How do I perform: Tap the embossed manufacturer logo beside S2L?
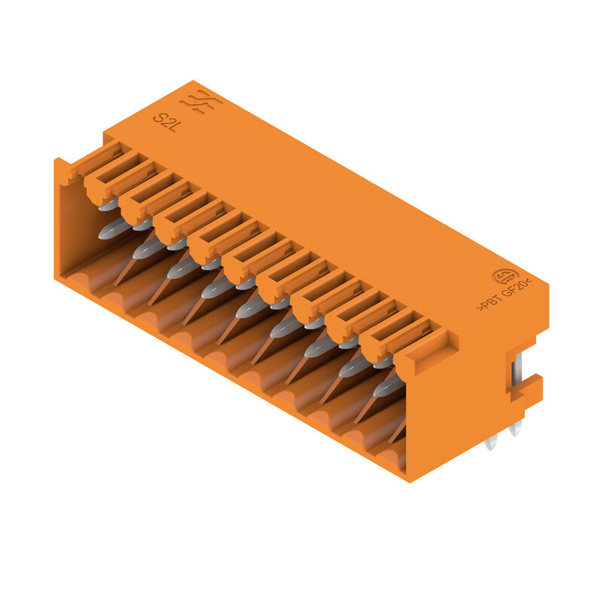[x=200, y=102]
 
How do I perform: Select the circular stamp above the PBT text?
[x=505, y=277]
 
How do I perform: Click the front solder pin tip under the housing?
[x=491, y=443]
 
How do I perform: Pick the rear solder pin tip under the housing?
[x=516, y=430]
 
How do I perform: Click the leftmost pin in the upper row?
[x=109, y=204]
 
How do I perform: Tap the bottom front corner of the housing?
[x=409, y=476]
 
